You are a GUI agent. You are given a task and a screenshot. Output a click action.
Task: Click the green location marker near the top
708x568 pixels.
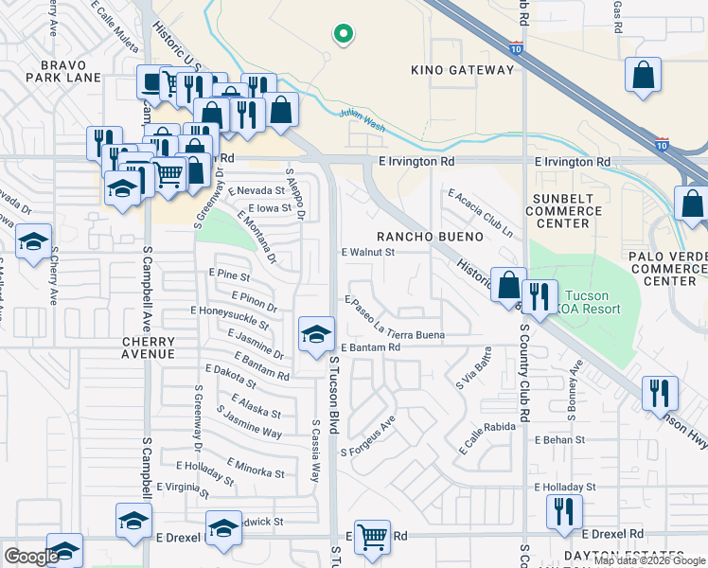(x=345, y=37)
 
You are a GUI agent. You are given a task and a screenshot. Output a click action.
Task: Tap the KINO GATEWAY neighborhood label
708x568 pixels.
(x=463, y=70)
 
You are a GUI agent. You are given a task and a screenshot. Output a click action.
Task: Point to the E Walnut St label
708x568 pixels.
(x=367, y=253)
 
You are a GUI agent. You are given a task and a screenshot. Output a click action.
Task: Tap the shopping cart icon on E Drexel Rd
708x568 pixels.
(x=372, y=537)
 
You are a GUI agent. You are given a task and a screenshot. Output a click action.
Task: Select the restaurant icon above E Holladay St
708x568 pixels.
(x=564, y=512)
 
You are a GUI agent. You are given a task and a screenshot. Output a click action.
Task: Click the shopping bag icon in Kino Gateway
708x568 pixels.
(x=644, y=78)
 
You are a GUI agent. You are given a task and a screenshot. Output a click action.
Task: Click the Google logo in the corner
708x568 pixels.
(x=31, y=557)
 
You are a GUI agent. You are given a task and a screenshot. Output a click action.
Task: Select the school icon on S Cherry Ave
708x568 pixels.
(x=34, y=243)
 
